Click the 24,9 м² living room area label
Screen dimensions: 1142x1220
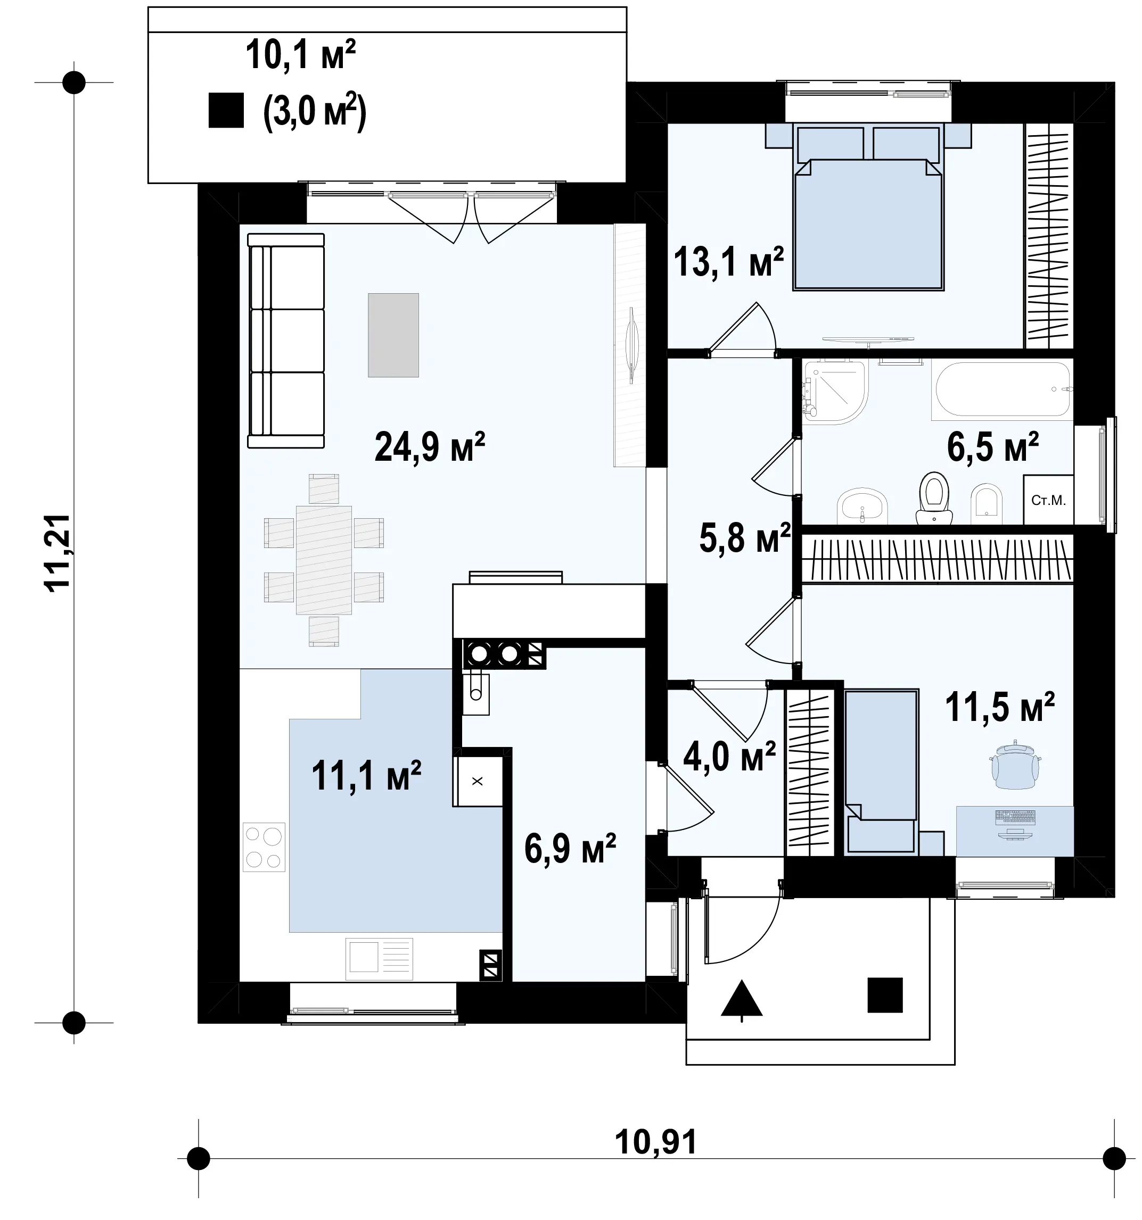429,447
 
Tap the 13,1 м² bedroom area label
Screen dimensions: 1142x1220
728,262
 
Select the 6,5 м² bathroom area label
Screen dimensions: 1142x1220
993,447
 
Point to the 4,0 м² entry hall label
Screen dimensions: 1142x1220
729,757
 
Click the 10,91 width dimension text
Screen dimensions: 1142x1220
656,1142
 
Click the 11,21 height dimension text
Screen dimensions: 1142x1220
59,552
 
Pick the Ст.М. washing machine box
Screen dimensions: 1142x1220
1049,500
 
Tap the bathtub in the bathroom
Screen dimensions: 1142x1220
1002,391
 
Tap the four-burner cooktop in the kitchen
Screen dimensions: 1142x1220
264,847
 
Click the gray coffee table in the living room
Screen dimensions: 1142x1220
393,335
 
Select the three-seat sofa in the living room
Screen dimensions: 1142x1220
286,341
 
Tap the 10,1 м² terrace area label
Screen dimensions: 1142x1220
301,55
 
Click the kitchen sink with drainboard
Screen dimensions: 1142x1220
380,959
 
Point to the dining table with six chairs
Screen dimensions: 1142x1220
324,560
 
